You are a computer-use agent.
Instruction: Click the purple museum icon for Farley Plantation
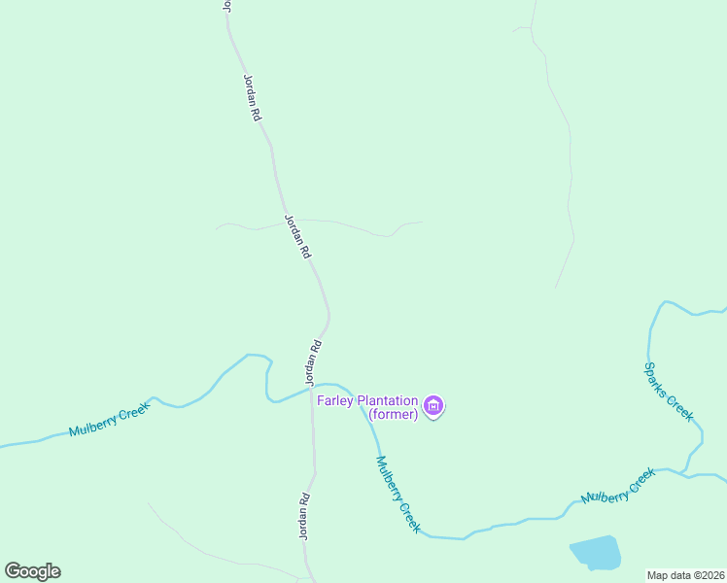coord(433,405)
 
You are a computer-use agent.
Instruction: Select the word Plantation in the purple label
coord(388,400)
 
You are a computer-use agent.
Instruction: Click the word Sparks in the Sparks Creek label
coord(658,380)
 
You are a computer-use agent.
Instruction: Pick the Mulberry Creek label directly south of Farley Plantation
coord(398,494)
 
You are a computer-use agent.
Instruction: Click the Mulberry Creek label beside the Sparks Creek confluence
coord(618,485)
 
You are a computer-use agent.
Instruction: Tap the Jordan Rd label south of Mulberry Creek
coord(304,517)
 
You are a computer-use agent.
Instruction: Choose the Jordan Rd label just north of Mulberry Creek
coord(312,361)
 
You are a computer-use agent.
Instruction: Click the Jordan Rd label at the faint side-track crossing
coord(297,236)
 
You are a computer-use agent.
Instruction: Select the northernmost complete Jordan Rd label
coord(251,97)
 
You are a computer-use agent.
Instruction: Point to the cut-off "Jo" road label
coord(226,5)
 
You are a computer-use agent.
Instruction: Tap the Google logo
coord(32,571)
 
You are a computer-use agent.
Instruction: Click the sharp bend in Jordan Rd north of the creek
coord(329,314)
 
